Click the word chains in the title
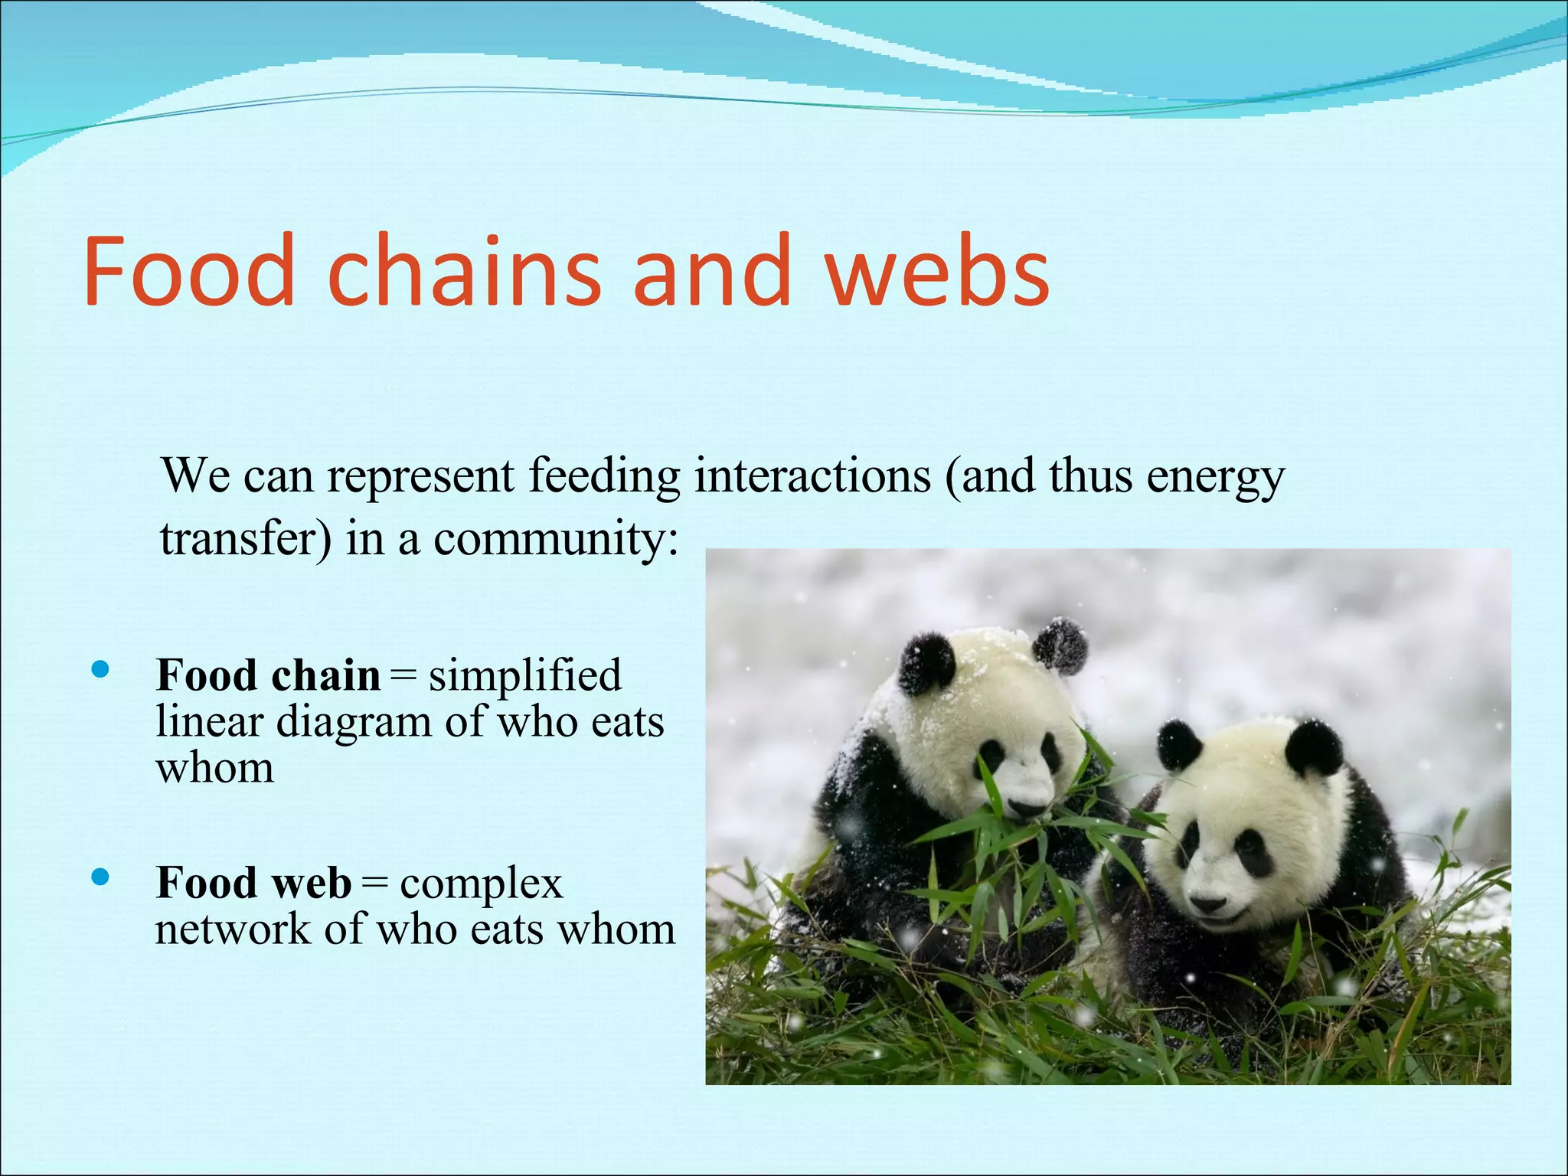[464, 271]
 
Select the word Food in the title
[188, 271]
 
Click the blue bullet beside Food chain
[100, 671]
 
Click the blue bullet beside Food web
[100, 877]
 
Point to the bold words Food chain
[268, 675]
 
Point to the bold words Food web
[253, 883]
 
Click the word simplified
[524, 675]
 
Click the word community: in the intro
[556, 538]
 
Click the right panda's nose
[1207, 904]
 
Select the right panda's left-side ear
[1178, 743]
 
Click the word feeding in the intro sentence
[604, 476]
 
